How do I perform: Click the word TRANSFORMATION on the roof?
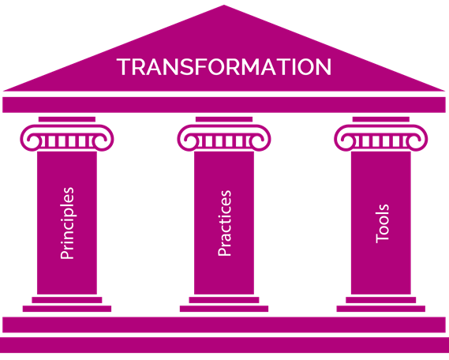click(x=224, y=67)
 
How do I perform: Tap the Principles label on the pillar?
click(x=67, y=223)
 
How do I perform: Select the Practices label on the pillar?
click(x=224, y=223)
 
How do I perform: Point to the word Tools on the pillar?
click(x=382, y=223)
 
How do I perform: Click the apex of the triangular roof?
click(x=224, y=6)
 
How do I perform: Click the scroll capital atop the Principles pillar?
click(x=67, y=137)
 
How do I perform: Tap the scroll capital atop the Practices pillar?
click(x=224, y=137)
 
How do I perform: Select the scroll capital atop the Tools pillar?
click(x=381, y=137)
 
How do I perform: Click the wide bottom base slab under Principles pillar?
click(x=67, y=309)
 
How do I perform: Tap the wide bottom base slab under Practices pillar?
click(x=224, y=309)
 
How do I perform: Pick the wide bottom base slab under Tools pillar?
click(x=381, y=309)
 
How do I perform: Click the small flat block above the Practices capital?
click(x=224, y=119)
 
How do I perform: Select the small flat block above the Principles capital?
click(x=67, y=119)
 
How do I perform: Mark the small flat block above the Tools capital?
click(x=381, y=119)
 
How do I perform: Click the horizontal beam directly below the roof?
click(x=224, y=105)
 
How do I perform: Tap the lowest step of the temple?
click(x=224, y=345)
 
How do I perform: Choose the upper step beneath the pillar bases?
click(x=224, y=324)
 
